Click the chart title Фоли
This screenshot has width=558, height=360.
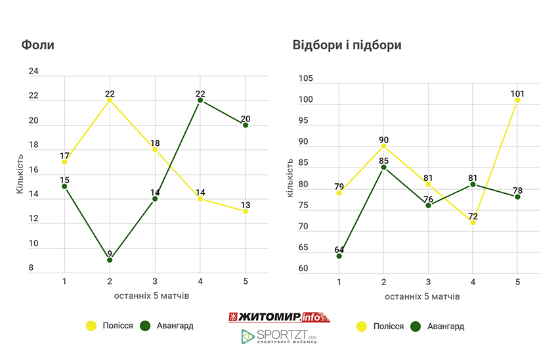(38, 45)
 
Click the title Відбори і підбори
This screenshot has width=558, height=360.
(347, 45)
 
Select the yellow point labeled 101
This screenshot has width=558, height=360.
(517, 100)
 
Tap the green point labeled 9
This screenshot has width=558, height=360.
(110, 260)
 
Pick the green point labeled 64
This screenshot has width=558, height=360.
(339, 256)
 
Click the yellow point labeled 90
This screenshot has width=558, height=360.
(383, 146)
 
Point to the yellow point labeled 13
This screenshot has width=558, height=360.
(245, 211)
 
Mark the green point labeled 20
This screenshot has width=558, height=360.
(245, 125)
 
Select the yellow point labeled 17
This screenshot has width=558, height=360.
(64, 162)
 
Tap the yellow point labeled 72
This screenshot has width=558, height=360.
(473, 222)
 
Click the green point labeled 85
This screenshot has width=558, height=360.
(383, 168)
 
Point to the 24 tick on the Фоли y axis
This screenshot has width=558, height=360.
(34, 71)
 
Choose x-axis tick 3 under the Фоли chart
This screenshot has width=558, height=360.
(155, 281)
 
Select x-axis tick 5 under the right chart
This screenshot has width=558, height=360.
(517, 282)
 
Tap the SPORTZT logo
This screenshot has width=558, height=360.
(280, 337)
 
